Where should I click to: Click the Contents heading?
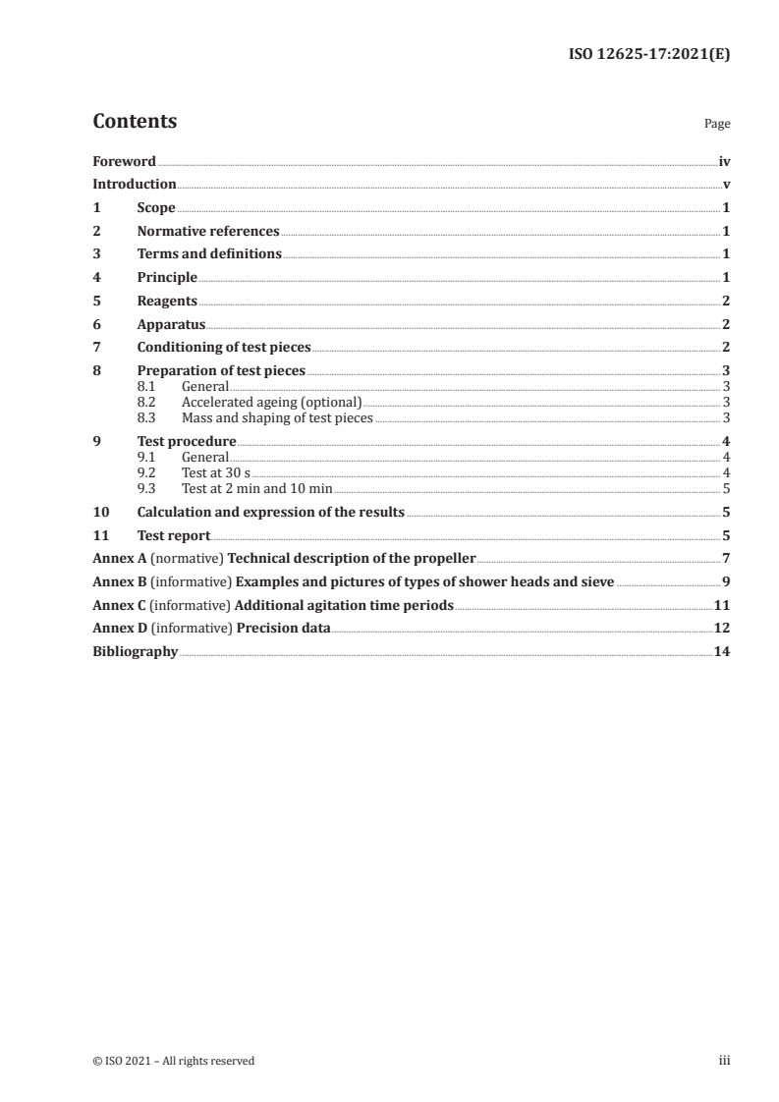135,122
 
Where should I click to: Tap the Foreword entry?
124,161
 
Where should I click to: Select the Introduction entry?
135,185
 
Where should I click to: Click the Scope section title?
156,208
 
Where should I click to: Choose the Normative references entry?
208,232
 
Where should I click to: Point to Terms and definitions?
209,254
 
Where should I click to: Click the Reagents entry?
167,302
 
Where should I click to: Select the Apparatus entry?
171,324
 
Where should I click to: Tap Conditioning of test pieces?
224,348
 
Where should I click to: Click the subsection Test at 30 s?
216,473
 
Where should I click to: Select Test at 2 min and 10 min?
257,488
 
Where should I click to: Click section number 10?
100,513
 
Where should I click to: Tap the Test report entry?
174,536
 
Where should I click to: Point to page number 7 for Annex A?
725,558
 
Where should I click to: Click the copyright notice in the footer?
173,1061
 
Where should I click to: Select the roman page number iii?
724,1061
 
